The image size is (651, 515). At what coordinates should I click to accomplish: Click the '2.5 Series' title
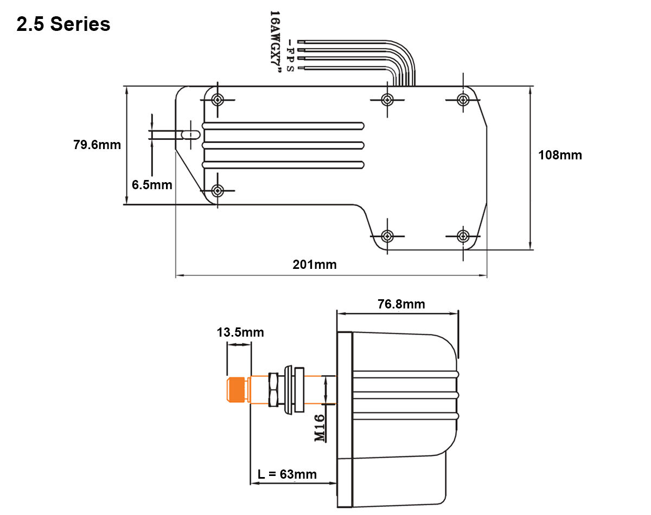tap(63, 24)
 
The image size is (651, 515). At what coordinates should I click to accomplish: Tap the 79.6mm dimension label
tap(97, 145)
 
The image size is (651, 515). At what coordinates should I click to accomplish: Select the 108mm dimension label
tap(560, 155)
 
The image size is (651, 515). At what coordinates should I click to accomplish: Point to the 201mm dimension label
tap(315, 265)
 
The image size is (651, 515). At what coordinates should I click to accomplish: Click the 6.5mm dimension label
tap(152, 185)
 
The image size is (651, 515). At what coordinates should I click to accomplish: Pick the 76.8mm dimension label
tap(401, 304)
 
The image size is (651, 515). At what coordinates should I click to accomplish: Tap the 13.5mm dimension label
tap(240, 332)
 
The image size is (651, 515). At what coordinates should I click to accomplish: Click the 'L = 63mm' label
tap(287, 474)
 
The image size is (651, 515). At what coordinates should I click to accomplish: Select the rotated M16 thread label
tap(320, 428)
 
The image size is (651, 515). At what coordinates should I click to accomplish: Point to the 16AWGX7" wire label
tap(275, 41)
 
